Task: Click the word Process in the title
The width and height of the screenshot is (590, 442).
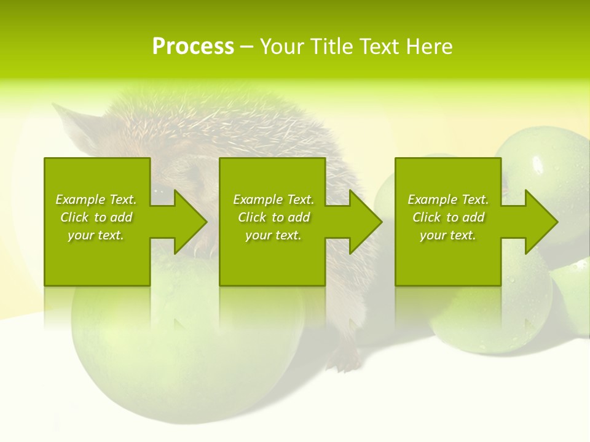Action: pyautogui.click(x=193, y=47)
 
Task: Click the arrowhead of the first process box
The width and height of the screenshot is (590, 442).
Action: pyautogui.click(x=191, y=222)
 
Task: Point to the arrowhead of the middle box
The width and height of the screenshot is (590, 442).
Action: pyautogui.click(x=366, y=222)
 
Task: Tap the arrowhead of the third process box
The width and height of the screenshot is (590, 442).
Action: pyautogui.click(x=541, y=222)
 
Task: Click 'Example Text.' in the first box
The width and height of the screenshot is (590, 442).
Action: pyautogui.click(x=96, y=200)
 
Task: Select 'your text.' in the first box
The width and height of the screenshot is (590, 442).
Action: pyautogui.click(x=96, y=235)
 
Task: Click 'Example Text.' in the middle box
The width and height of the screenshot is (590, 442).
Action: pyautogui.click(x=273, y=200)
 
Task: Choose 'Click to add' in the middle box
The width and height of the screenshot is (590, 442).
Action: pyautogui.click(x=273, y=217)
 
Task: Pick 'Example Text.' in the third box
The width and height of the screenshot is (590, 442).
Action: pyautogui.click(x=448, y=200)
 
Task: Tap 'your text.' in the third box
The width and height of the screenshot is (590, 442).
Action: pyautogui.click(x=448, y=235)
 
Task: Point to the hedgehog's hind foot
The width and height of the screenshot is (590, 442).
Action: pyautogui.click(x=347, y=362)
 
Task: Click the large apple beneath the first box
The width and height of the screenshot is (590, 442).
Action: pyautogui.click(x=184, y=356)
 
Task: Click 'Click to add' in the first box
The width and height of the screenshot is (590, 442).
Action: pyautogui.click(x=96, y=217)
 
